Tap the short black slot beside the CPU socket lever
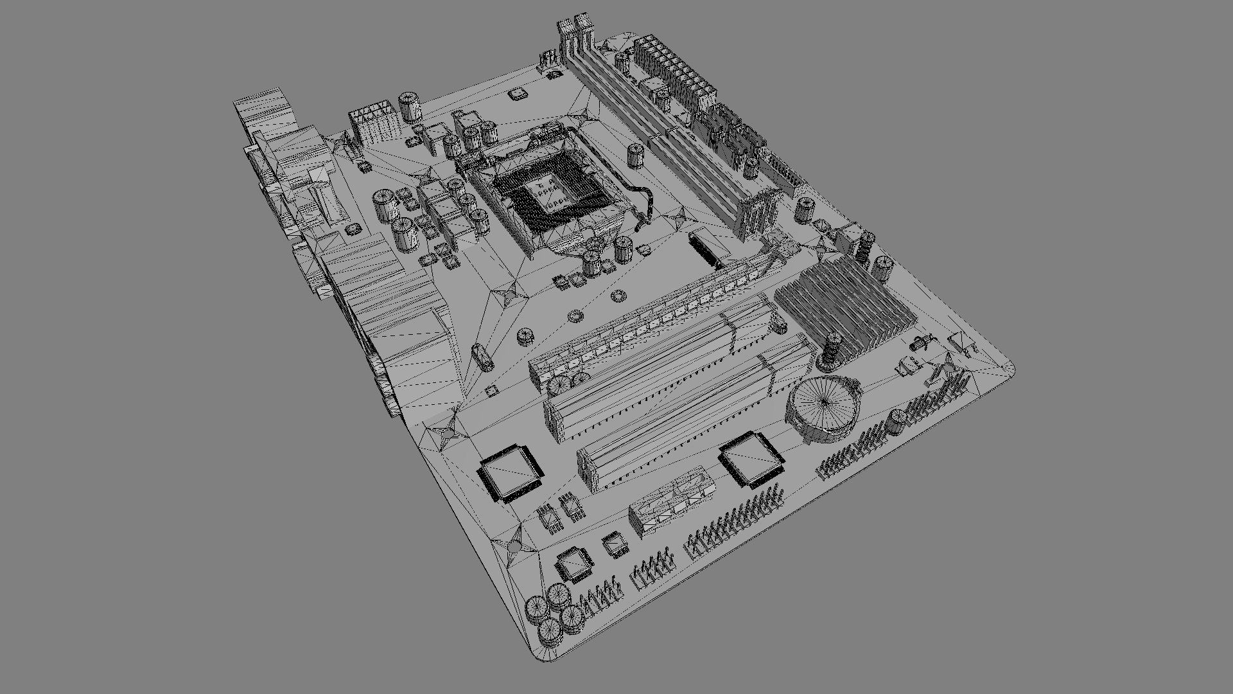[705, 251]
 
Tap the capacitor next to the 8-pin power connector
[409, 107]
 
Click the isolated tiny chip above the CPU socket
[516, 94]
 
